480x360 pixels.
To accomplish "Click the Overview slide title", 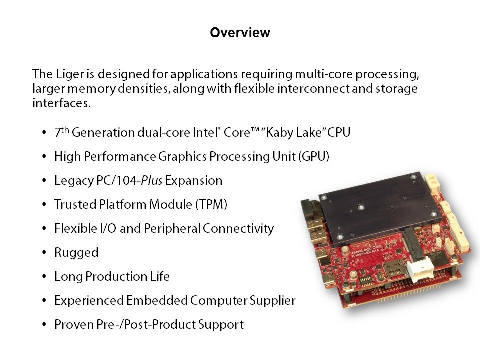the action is pyautogui.click(x=240, y=33).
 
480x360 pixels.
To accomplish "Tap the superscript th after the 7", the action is pyautogui.click(x=65, y=130).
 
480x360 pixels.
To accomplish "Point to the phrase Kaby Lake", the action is pyautogui.click(x=293, y=133).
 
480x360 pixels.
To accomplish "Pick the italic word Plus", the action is pyautogui.click(x=151, y=180).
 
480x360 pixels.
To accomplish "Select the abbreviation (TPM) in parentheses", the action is pyautogui.click(x=211, y=204).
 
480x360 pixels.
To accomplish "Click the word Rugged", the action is pyautogui.click(x=76, y=253).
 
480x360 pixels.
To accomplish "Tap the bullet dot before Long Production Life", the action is pyautogui.click(x=44, y=276).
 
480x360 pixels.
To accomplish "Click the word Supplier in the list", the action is pyautogui.click(x=273, y=301).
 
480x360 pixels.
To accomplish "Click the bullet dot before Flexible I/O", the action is pyautogui.click(x=44, y=228).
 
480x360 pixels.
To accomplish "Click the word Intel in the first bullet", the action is pyautogui.click(x=205, y=133).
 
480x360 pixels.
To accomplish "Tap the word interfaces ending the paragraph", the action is pyautogui.click(x=62, y=103).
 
